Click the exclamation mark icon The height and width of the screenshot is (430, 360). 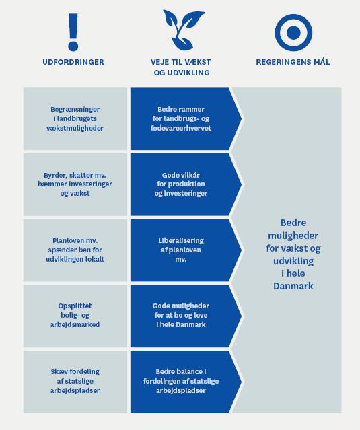[73, 32]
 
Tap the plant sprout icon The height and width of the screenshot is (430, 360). [182, 30]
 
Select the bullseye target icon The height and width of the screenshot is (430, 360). [293, 32]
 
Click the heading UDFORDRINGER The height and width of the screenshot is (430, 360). [73, 62]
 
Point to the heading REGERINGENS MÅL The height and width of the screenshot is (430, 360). [293, 61]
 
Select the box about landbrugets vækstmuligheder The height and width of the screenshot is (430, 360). [75, 118]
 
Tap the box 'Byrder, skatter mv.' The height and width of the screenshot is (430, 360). [75, 184]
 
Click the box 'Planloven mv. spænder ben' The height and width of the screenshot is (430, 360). [75, 250]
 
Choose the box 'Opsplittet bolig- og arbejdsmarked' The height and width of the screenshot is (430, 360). [75, 316]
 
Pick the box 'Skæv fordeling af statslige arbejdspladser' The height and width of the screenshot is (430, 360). [75, 382]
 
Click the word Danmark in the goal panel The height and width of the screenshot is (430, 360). [293, 286]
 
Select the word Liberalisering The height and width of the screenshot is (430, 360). [181, 240]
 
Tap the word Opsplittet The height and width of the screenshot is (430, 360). [75, 306]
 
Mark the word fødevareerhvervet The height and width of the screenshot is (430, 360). [181, 128]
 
